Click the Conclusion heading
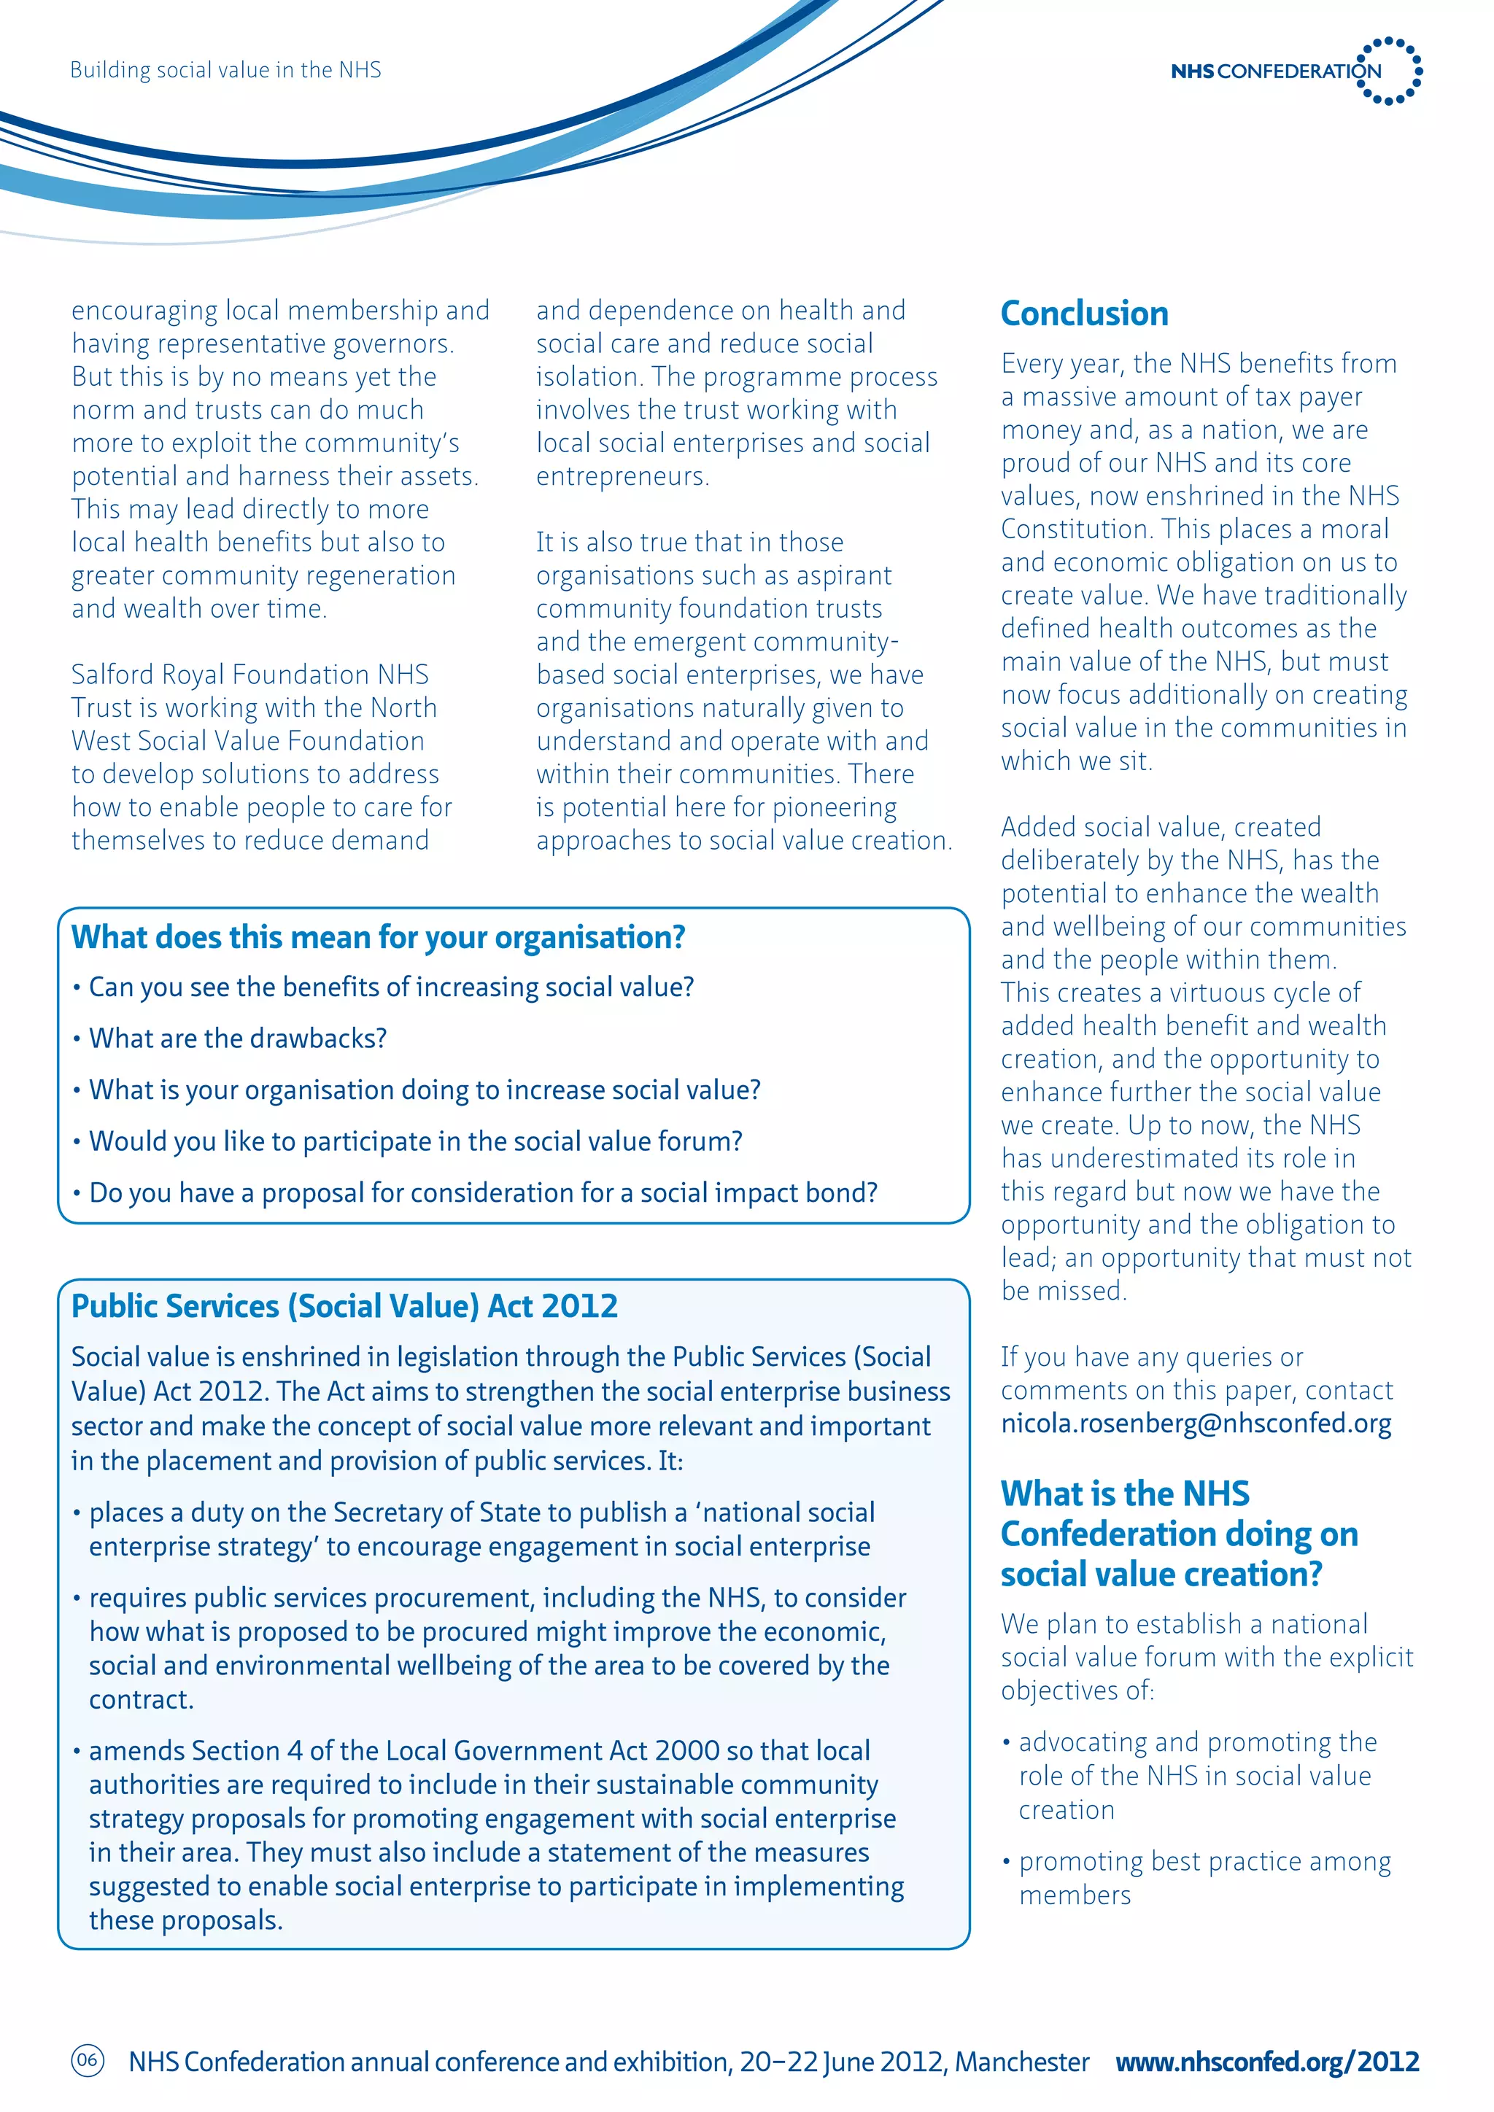click(1084, 314)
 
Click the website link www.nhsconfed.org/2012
click(1267, 2062)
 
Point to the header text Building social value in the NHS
click(225, 70)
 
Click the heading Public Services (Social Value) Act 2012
click(344, 1306)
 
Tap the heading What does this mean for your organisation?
click(378, 937)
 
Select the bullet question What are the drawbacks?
click(237, 1038)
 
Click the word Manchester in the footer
click(1022, 2062)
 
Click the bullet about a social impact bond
click(483, 1193)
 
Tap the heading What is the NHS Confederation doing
click(1178, 1534)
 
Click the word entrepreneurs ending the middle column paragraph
click(622, 476)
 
